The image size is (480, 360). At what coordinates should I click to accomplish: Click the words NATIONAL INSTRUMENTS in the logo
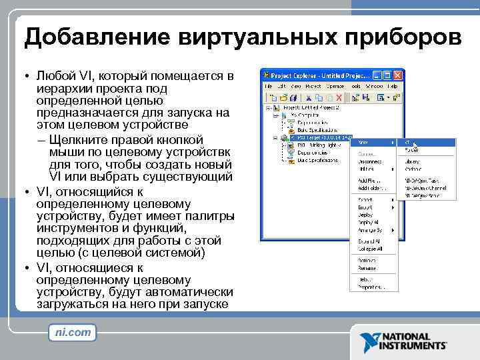pos(413,341)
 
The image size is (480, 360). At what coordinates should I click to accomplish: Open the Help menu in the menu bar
pos(392,86)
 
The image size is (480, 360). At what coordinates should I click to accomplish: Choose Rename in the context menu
pos(363,269)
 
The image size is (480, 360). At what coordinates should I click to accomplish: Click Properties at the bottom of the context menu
pos(366,287)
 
